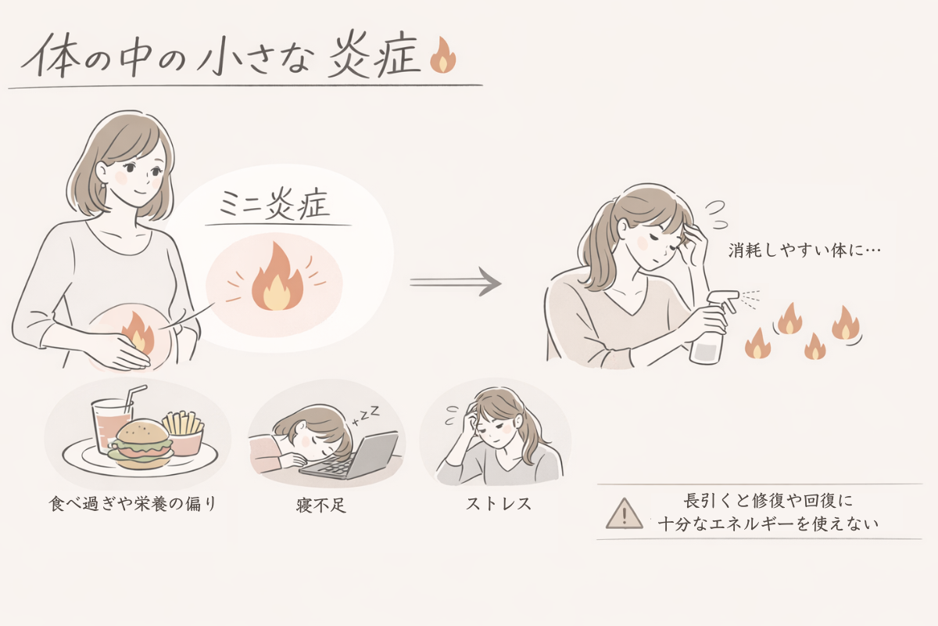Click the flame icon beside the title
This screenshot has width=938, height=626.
pos(443,56)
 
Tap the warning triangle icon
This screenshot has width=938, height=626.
pos(624,513)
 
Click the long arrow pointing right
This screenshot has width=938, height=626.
pos(455,282)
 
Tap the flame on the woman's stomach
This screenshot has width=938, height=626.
pos(138,332)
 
